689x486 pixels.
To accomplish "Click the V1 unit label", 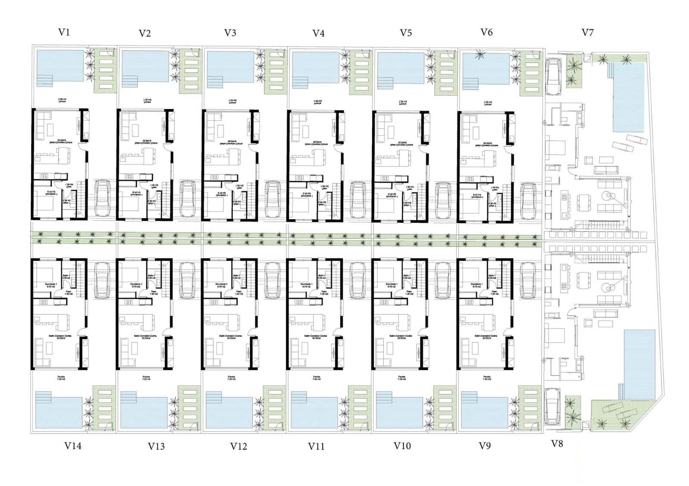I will [x=64, y=32].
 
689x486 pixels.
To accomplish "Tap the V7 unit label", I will [x=587, y=33].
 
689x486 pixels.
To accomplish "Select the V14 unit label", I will [x=73, y=446].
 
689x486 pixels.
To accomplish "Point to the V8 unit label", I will [x=557, y=444].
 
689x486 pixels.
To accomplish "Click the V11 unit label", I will [x=316, y=446].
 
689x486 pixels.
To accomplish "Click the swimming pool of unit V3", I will [x=230, y=67].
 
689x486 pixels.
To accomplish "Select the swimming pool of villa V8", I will [x=639, y=363].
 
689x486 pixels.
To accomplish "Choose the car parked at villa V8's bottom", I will [x=552, y=406].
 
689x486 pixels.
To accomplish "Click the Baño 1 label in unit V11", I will [x=321, y=277].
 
